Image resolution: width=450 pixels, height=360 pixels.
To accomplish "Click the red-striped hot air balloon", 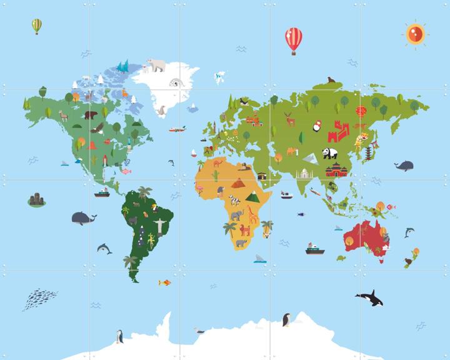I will (x=293, y=39).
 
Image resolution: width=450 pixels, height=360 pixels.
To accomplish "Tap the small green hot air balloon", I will (x=37, y=26).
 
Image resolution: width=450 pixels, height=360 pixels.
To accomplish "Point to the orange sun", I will (x=414, y=34).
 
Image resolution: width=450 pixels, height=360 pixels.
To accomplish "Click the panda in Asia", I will (x=329, y=152).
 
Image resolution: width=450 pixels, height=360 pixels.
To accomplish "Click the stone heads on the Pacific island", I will (x=37, y=200).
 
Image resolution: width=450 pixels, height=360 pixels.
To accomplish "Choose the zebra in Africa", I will (x=234, y=200).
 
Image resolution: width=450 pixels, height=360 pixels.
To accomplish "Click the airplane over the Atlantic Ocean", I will (x=177, y=129).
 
